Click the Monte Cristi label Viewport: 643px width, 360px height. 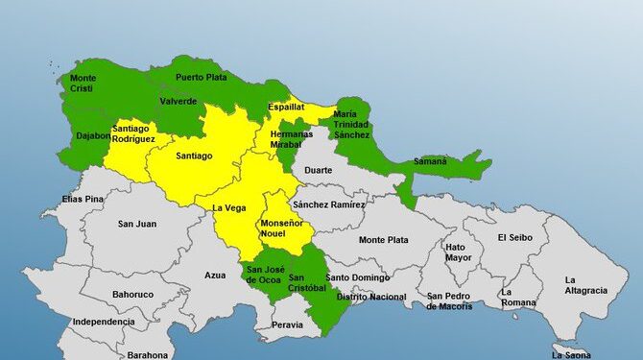(x=83, y=84)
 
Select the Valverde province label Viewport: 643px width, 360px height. (x=179, y=101)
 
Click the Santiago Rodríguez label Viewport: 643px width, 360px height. (x=133, y=133)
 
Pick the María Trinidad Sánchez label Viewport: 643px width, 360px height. (x=351, y=125)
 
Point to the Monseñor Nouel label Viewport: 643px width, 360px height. (x=281, y=228)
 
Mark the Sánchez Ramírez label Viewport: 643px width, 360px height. (x=328, y=204)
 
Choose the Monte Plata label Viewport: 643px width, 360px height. (x=384, y=239)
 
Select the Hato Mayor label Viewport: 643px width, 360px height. (x=458, y=252)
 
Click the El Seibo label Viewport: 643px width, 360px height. (x=514, y=237)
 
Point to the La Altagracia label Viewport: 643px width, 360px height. (x=585, y=284)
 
